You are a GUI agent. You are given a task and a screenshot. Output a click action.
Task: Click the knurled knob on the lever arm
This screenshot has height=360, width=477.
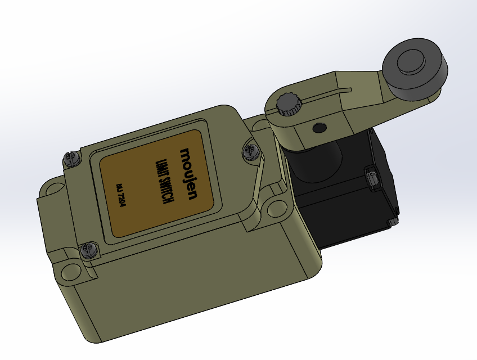coord(289,104)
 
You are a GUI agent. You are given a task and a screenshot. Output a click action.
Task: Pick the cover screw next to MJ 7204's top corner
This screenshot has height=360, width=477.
coord(71,159)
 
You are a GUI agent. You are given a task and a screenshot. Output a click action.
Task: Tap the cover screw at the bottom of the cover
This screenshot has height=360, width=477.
coord(87,250)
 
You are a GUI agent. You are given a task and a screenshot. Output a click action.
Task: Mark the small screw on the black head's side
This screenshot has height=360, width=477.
coord(372,179)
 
